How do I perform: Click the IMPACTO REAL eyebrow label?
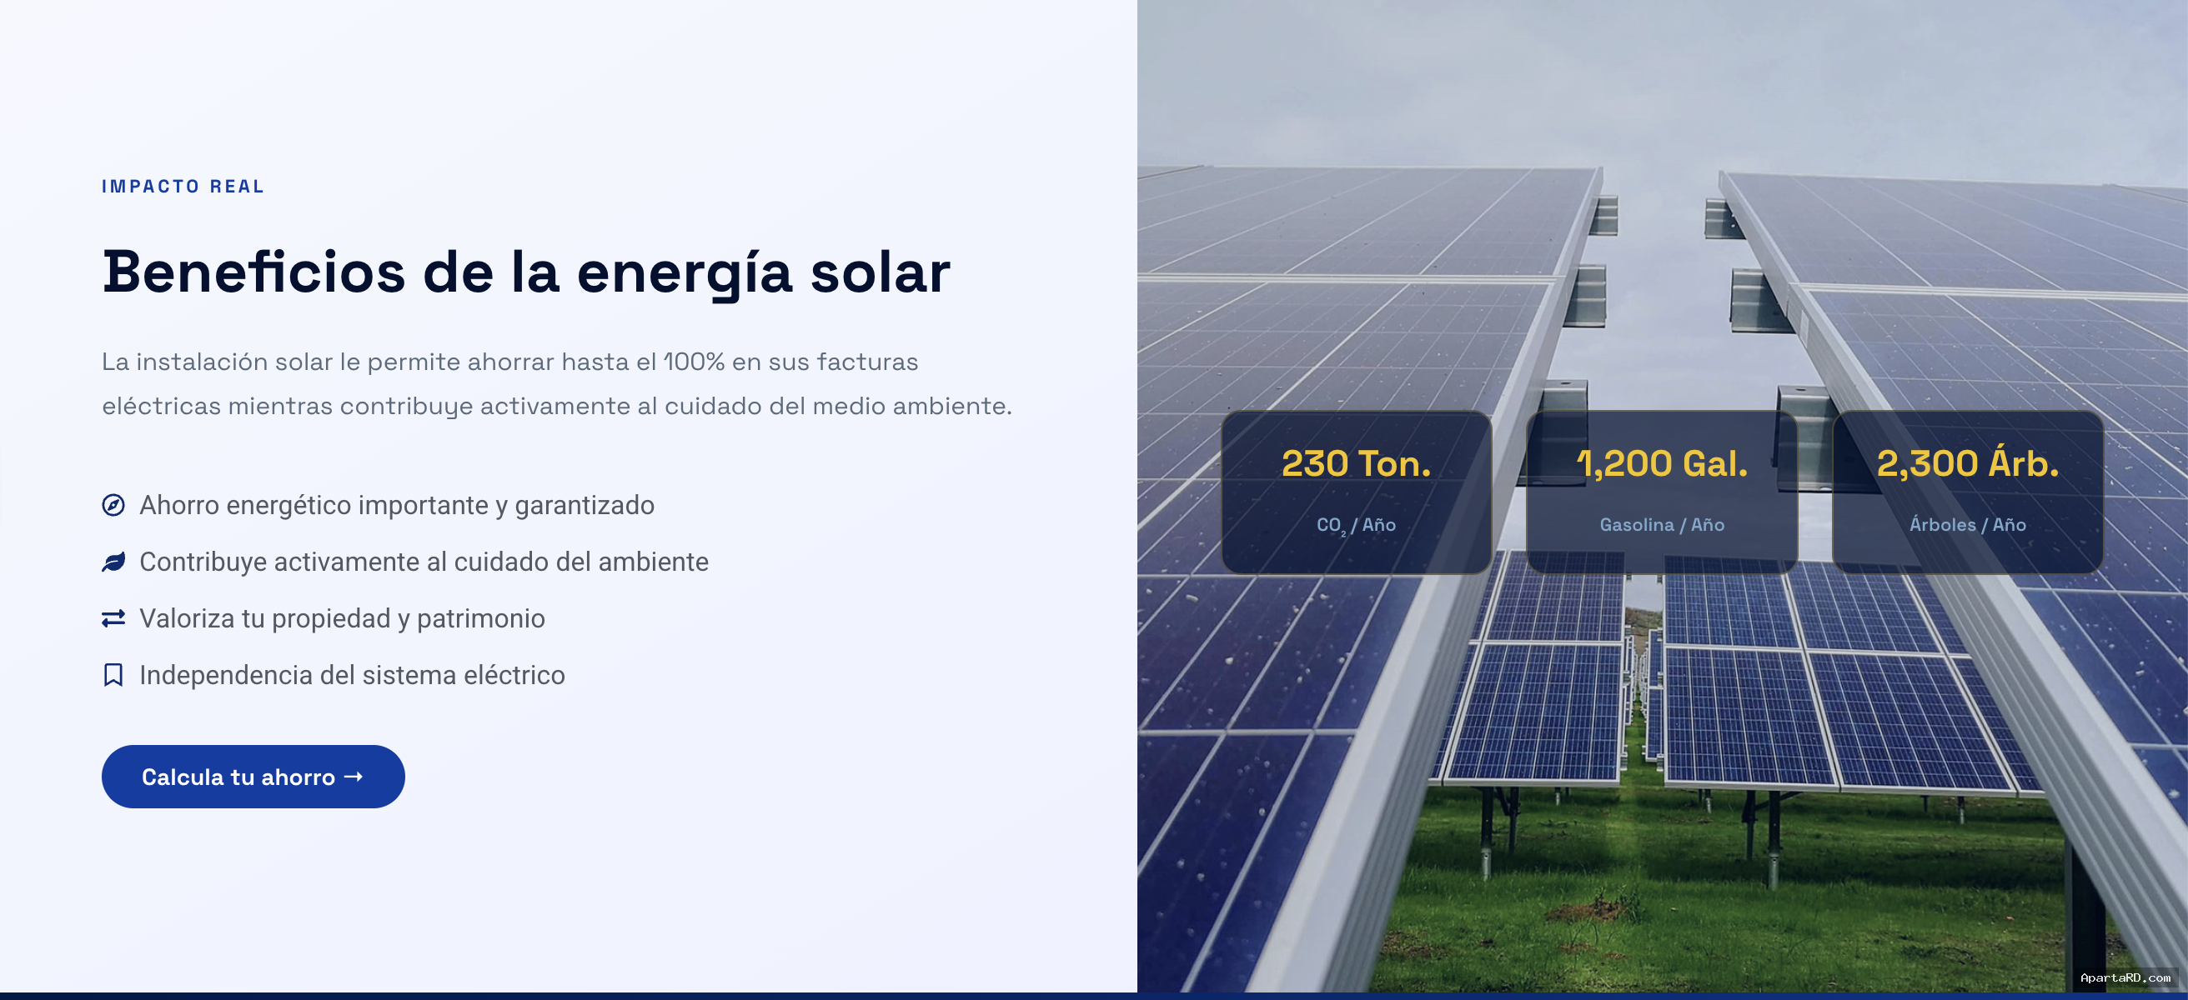pos(183,186)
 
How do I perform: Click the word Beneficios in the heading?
pos(254,272)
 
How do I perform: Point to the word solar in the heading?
pos(880,272)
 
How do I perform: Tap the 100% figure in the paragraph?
pos(693,362)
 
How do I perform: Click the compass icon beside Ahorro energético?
pos(113,505)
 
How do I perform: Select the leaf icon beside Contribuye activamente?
pos(113,562)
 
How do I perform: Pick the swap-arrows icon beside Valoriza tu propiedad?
pos(113,618)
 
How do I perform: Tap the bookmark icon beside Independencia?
pos(113,675)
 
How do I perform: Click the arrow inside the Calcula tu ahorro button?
pos(354,776)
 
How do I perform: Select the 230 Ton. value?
pos(1356,463)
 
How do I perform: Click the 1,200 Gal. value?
pos(1661,463)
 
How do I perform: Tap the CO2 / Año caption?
pos(1356,526)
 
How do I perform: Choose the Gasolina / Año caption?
pos(1661,525)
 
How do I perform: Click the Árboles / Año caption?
pos(1967,524)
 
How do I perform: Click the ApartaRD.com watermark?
pos(2125,978)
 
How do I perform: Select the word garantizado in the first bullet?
pos(585,506)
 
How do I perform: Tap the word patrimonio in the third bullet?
pos(481,619)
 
